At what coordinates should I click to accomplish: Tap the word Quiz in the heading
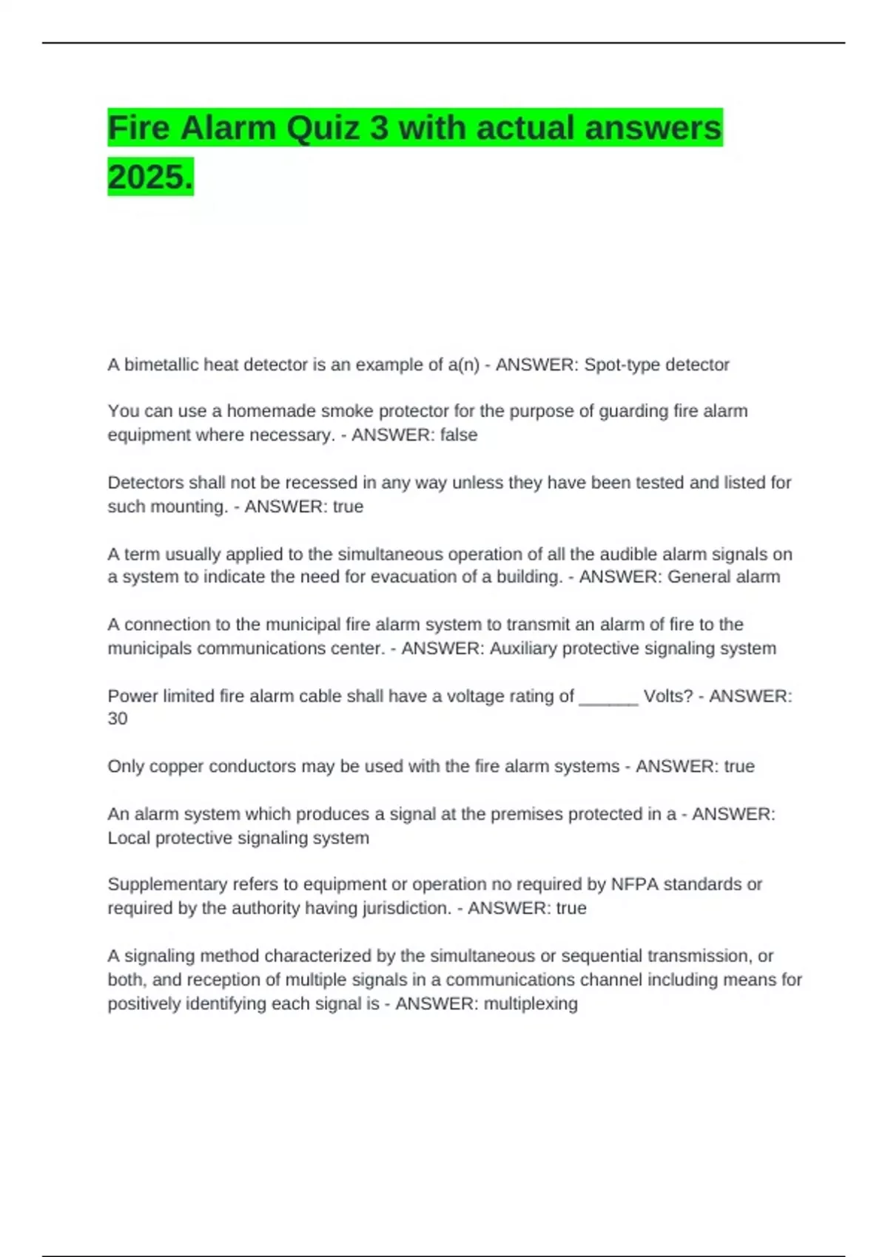[x=323, y=128]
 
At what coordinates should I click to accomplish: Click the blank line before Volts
[x=608, y=697]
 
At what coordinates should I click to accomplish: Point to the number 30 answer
[x=118, y=719]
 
